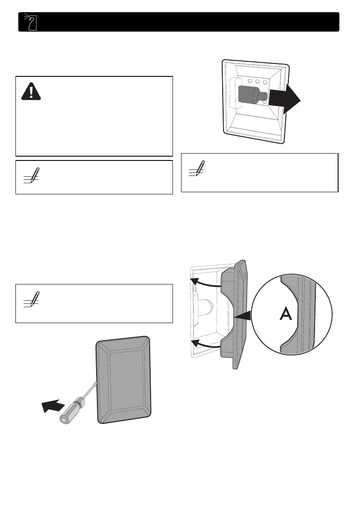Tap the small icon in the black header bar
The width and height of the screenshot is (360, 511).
coord(29,22)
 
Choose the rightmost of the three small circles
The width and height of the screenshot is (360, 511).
coord(265,82)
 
